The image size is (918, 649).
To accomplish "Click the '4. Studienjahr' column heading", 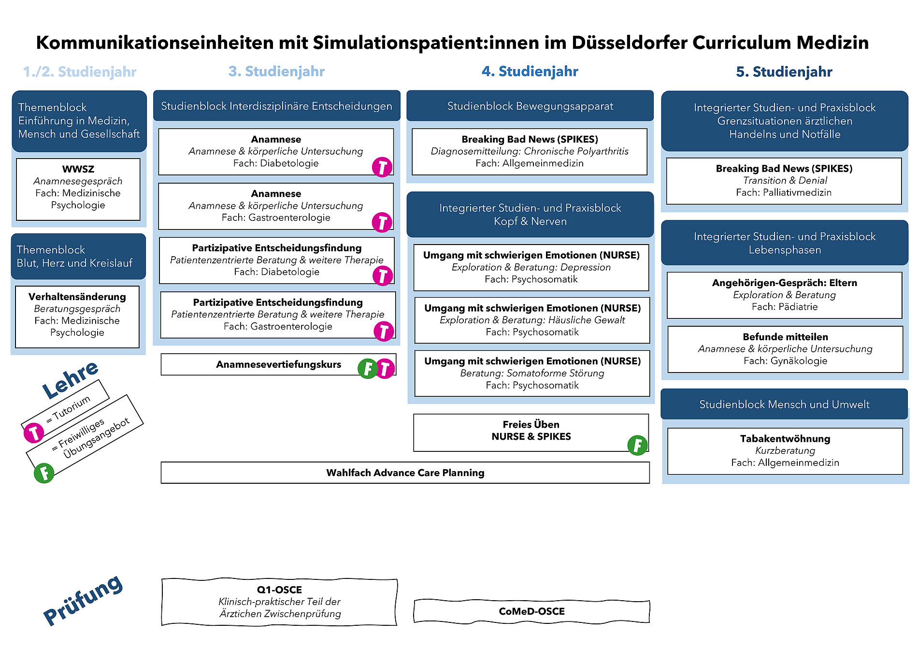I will pyautogui.click(x=530, y=72).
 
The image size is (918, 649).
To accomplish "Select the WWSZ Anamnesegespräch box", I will pyautogui.click(x=78, y=189).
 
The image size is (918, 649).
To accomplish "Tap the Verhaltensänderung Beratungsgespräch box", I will pyautogui.click(x=77, y=317).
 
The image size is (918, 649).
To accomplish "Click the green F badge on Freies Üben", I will pyautogui.click(x=637, y=445).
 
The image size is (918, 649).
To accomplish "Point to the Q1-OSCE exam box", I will pyautogui.click(x=279, y=602).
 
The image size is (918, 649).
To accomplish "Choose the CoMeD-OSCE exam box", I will pyautogui.click(x=531, y=611).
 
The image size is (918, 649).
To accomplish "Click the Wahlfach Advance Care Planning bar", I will pyautogui.click(x=405, y=473).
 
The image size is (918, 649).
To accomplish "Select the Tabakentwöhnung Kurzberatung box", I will pyautogui.click(x=785, y=451).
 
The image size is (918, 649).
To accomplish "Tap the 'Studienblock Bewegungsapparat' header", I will pyautogui.click(x=530, y=106).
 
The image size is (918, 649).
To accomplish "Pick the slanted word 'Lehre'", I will pyautogui.click(x=70, y=380).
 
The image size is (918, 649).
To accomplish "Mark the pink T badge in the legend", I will pyautogui.click(x=34, y=433).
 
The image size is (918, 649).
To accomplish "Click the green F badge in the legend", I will pyautogui.click(x=44, y=473).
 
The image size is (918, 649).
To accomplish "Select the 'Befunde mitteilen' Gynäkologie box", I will pyautogui.click(x=785, y=349).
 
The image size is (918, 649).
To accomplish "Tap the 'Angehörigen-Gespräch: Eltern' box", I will pyautogui.click(x=785, y=295).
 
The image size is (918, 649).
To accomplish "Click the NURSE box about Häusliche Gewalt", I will pyautogui.click(x=532, y=320).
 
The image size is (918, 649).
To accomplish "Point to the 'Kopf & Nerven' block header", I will pyautogui.click(x=530, y=215).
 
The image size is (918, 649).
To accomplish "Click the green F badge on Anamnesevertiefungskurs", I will pyautogui.click(x=368, y=369).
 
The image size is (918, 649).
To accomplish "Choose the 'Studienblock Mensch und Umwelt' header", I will pyautogui.click(x=784, y=404).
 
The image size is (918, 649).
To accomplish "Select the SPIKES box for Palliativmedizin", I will pyautogui.click(x=784, y=181).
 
